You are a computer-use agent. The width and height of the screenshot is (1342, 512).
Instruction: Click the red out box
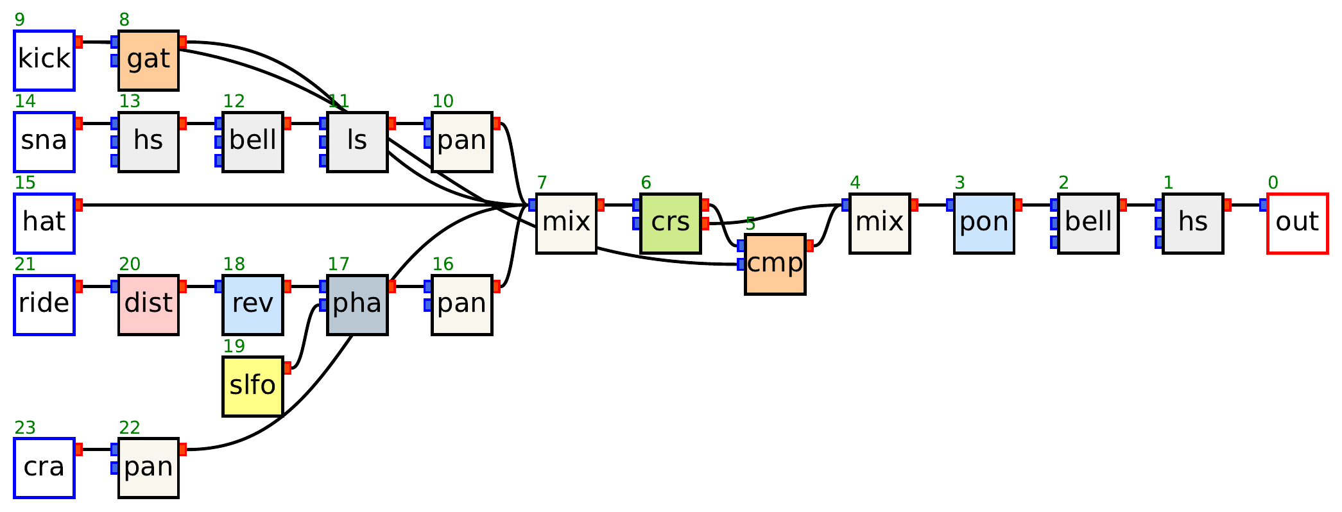tap(1297, 223)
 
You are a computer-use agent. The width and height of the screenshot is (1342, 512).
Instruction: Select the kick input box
tap(44, 60)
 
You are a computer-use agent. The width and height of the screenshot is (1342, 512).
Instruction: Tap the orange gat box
tap(148, 60)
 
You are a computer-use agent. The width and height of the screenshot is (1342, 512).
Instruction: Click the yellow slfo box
tap(253, 386)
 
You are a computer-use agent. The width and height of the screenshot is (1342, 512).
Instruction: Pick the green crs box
tap(670, 223)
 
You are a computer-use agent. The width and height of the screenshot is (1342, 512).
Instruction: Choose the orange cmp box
tap(775, 264)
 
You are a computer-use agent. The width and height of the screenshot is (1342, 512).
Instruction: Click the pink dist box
tap(148, 305)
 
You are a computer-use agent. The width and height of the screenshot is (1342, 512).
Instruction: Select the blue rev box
tap(253, 305)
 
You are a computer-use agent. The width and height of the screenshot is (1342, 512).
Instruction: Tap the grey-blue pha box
tap(357, 305)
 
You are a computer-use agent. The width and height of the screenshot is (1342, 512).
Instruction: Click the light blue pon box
tap(983, 223)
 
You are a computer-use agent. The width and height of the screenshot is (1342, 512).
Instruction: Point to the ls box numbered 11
tap(357, 142)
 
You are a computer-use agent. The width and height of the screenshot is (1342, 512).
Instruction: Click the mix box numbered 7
tap(566, 223)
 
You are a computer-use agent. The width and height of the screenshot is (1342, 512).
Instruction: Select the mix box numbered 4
tap(879, 223)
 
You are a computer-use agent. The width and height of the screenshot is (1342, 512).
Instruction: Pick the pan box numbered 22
tap(148, 468)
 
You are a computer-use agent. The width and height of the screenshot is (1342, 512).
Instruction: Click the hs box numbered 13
tap(148, 142)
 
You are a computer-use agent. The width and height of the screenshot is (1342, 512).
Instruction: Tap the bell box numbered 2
tap(1088, 223)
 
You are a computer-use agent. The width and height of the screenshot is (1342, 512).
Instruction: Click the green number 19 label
tap(234, 346)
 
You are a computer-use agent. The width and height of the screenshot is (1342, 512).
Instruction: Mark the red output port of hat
tap(79, 205)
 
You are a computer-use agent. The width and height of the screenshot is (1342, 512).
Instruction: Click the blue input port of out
tap(1263, 205)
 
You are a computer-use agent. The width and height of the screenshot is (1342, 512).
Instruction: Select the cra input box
tap(44, 468)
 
